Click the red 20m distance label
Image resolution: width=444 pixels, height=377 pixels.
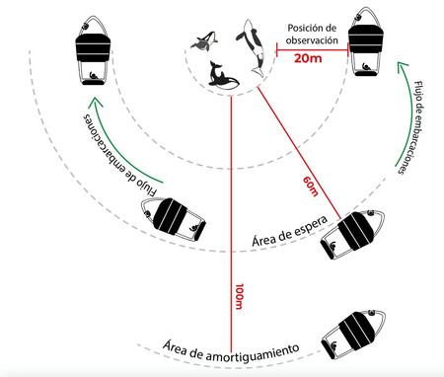308,58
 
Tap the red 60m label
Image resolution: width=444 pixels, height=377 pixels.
311,187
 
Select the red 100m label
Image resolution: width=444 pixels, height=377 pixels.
239,296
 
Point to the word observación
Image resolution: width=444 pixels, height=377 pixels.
312,40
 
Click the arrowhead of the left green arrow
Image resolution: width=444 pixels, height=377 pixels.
95,103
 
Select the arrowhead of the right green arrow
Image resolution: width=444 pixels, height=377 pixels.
401,66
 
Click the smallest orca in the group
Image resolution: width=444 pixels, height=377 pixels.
204,41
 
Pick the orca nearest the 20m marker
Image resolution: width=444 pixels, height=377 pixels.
254,48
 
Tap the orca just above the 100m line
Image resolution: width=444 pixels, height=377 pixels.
223,76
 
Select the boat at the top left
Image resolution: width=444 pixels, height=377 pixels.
93,50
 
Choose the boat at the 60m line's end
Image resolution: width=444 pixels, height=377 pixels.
352,233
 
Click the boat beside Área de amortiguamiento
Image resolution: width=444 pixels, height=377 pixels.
353,334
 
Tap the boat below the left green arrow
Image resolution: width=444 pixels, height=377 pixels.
174,218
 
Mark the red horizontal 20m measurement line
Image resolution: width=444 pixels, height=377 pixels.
312,50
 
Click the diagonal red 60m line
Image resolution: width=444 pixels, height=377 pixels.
299,152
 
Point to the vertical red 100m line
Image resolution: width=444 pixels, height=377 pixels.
231,224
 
